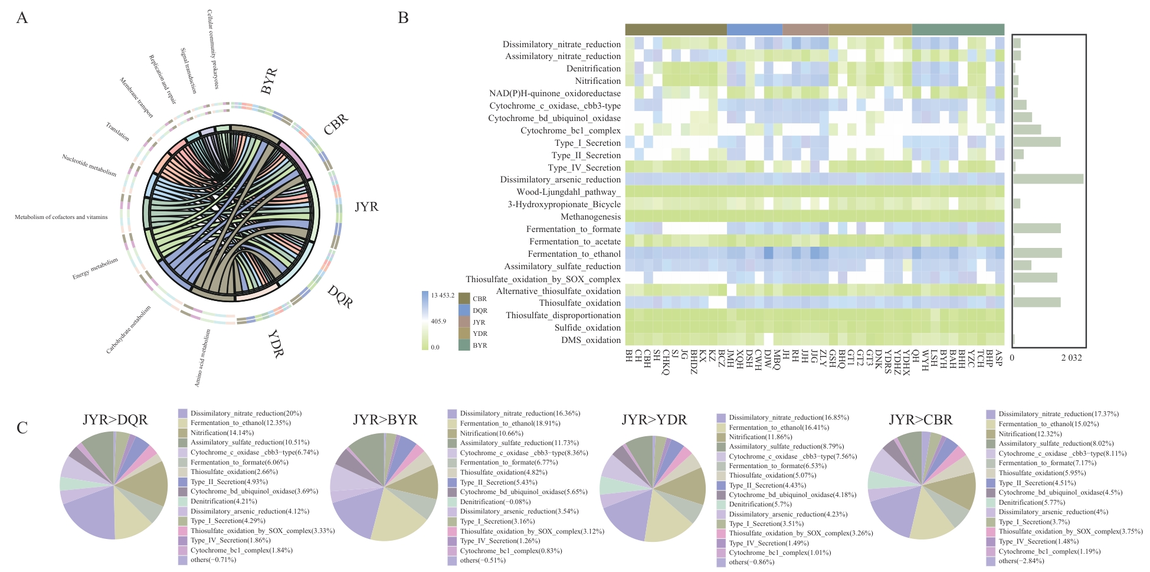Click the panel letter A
coord(22,18)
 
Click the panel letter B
coord(404,18)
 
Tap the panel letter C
coord(22,428)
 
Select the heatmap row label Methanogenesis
coord(591,217)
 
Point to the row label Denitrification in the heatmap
coord(594,68)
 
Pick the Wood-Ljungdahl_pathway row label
coord(569,192)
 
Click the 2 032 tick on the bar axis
coord(1072,358)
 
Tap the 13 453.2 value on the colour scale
coord(443,295)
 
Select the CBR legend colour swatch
coord(464,298)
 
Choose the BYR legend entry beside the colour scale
coord(480,345)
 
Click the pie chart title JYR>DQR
coord(115,420)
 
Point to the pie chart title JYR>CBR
coord(920,420)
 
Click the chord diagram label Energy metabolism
coord(95,269)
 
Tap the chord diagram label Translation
coord(117,131)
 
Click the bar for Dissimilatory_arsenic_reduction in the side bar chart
coord(1048,179)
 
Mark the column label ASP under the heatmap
coord(998,358)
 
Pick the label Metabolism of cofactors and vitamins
coord(61,217)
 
